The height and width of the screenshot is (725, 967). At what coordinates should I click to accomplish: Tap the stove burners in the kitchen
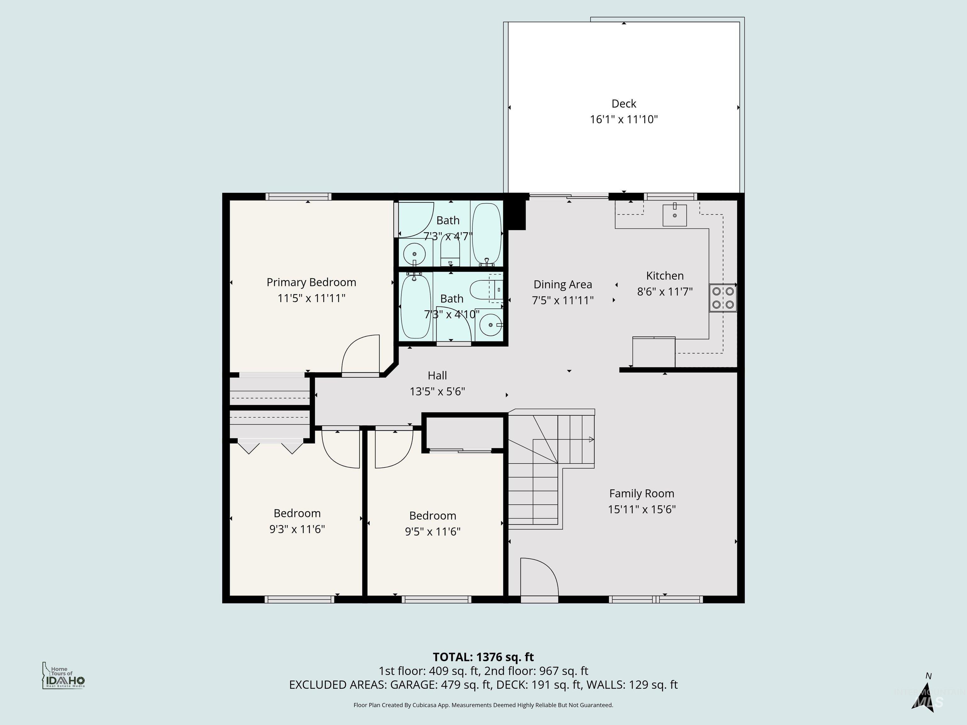[x=723, y=298]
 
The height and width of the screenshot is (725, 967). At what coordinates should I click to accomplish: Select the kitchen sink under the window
[x=675, y=215]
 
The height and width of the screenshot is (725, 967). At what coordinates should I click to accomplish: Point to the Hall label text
[x=437, y=375]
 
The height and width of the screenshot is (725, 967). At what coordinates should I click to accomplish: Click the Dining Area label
[x=563, y=284]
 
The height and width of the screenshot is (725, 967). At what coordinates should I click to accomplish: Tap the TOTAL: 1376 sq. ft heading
[x=483, y=657]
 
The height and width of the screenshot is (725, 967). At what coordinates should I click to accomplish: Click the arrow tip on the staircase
[x=591, y=440]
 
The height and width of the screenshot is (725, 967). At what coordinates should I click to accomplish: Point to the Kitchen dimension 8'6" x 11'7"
[x=664, y=291]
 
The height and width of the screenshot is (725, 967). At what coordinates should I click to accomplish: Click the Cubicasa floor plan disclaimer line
[x=483, y=705]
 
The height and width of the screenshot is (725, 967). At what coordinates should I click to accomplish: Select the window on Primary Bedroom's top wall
[x=298, y=197]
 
